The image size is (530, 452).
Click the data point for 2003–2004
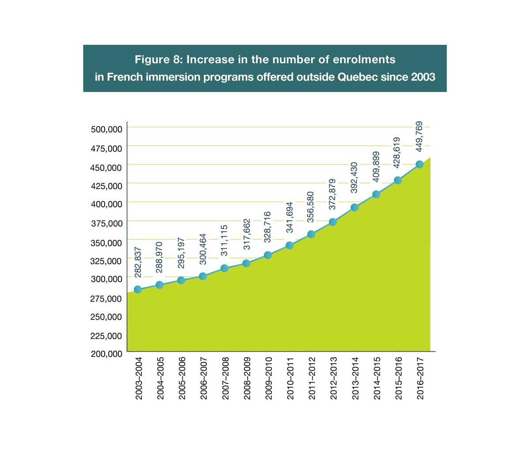[x=138, y=289]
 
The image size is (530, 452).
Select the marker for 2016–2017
[x=420, y=164]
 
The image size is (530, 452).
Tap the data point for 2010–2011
[x=290, y=245]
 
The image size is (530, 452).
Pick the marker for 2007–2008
[x=224, y=268]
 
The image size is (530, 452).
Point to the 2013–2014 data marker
[x=354, y=207]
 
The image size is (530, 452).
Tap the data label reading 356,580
[x=311, y=207]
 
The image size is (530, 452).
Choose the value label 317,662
[x=247, y=234]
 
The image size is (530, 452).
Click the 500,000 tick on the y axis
[x=106, y=129]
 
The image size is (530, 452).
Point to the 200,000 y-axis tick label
[x=106, y=354]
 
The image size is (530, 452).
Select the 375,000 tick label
[x=106, y=223]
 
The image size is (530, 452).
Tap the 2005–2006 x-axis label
[x=182, y=379]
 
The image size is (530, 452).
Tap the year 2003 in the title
[x=423, y=77]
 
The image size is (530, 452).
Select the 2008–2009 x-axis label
[x=247, y=379]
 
